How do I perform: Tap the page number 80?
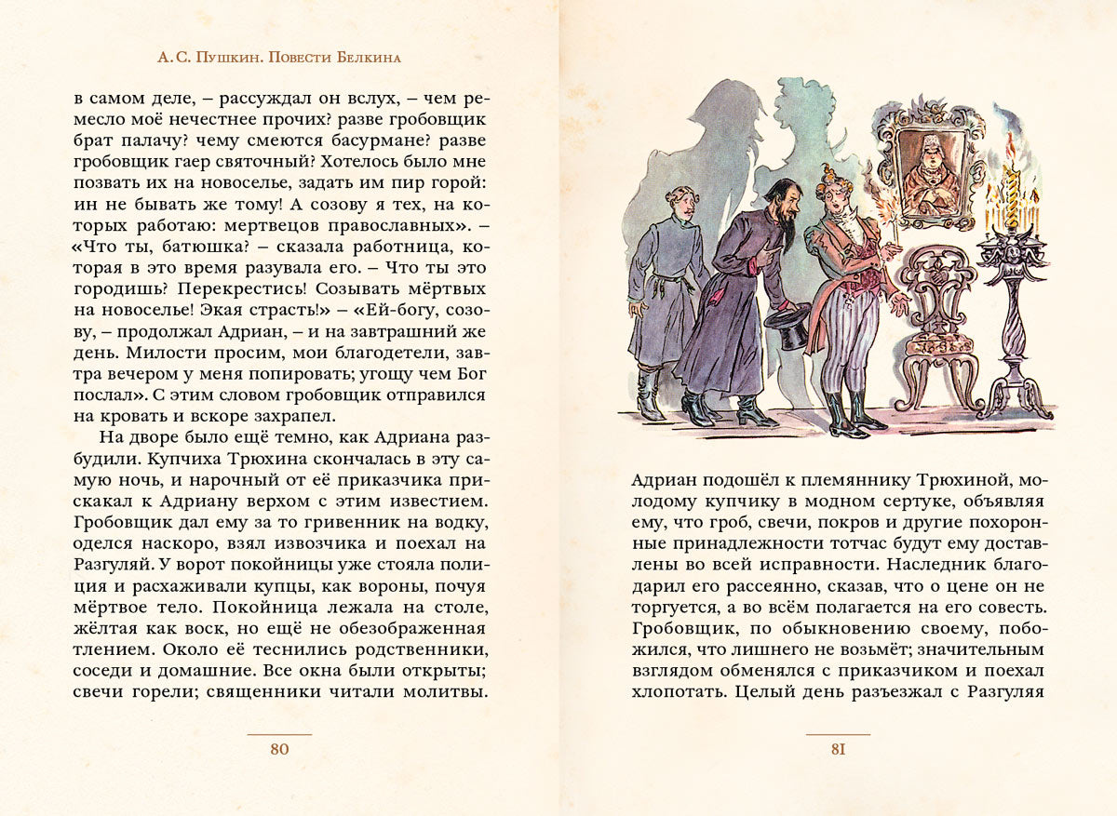[279, 750]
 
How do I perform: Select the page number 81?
[838, 750]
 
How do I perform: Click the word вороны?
[363, 587]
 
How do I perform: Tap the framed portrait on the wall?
[932, 167]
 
